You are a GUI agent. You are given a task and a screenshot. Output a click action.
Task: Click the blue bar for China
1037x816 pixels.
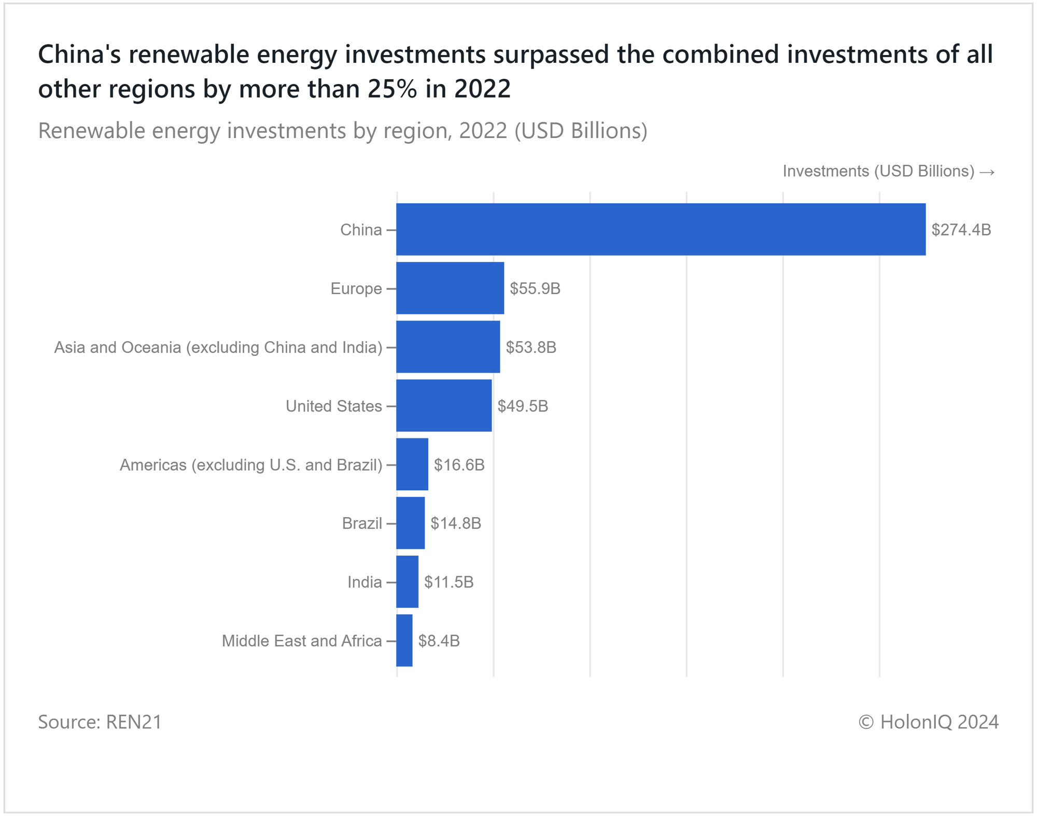tap(661, 229)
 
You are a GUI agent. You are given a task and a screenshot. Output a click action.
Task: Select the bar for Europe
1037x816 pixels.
tap(450, 288)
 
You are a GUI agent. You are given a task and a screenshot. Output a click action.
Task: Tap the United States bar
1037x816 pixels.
tap(444, 406)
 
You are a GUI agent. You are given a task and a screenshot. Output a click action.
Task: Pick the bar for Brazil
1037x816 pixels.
tap(411, 523)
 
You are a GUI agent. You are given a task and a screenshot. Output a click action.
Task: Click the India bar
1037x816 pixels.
tap(408, 582)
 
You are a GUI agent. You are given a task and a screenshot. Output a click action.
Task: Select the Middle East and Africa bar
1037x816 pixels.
tap(404, 641)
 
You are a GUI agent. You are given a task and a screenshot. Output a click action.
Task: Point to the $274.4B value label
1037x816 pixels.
tap(961, 230)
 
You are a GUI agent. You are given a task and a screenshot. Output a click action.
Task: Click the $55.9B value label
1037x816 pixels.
tap(535, 288)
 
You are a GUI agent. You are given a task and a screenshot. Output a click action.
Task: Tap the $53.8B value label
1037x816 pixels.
tap(531, 347)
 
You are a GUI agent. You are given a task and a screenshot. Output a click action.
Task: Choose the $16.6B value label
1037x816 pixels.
tap(459, 465)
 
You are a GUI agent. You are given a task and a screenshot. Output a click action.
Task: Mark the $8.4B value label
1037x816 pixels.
tap(439, 641)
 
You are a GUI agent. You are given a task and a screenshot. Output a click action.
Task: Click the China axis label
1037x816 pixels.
tap(361, 230)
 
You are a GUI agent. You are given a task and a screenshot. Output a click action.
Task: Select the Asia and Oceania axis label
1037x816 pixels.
tap(218, 348)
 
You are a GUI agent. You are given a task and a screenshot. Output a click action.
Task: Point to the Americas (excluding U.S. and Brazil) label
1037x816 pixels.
tap(251, 465)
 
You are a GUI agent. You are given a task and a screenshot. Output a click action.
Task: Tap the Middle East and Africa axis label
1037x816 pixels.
tap(302, 641)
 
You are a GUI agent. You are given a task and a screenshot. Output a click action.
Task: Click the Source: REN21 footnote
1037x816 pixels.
tap(100, 722)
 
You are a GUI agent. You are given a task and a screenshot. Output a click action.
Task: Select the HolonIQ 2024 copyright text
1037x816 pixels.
tap(928, 722)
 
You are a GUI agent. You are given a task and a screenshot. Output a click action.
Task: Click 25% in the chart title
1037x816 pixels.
tap(392, 89)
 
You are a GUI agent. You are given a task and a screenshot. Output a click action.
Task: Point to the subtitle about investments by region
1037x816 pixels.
tap(343, 131)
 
